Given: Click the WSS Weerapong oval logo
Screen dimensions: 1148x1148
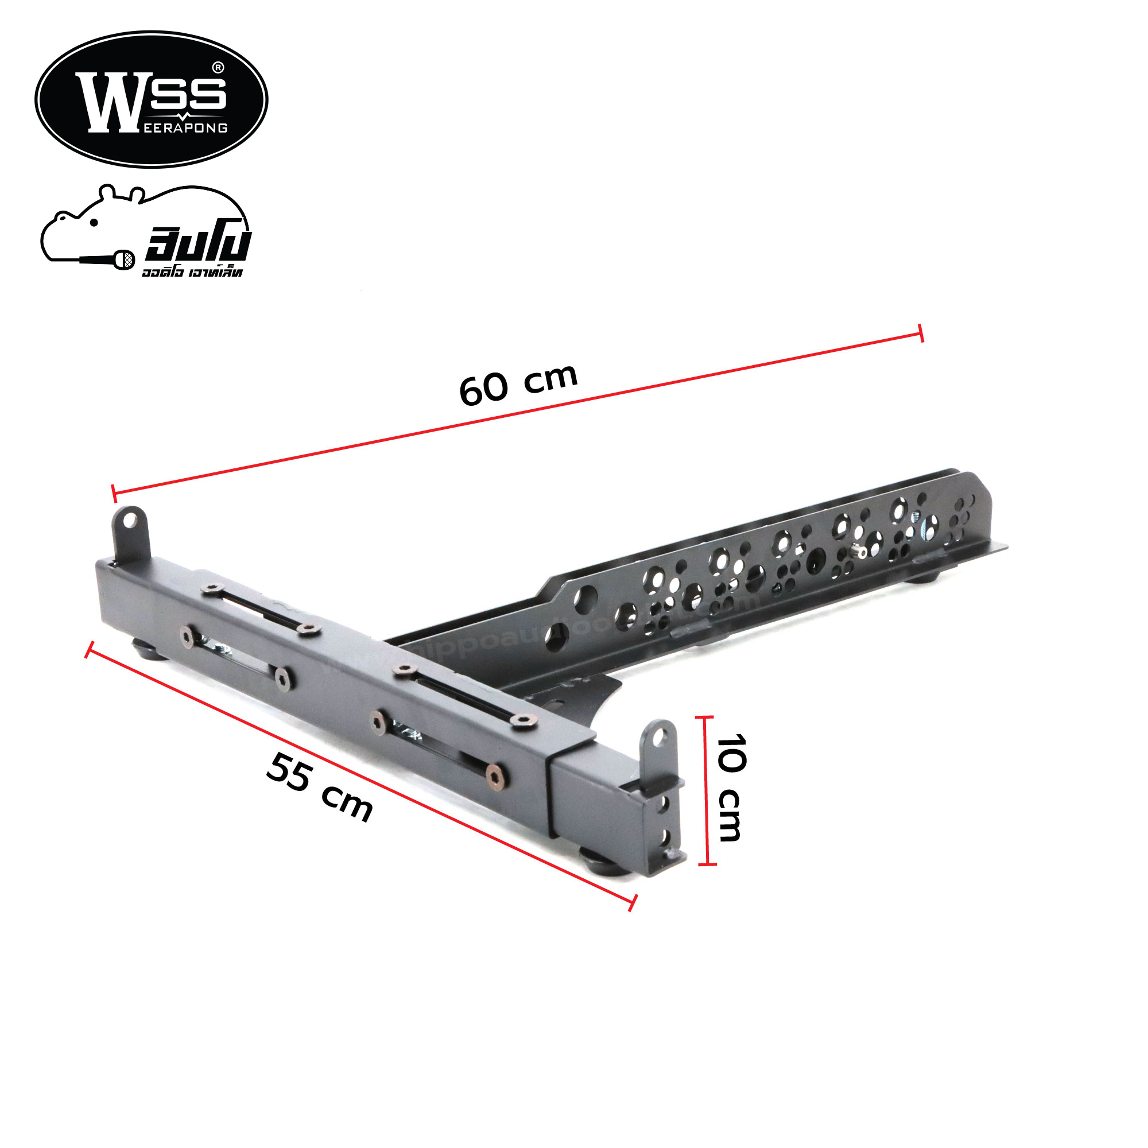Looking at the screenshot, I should [151, 99].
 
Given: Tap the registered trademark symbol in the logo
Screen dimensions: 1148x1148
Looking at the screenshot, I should [218, 68].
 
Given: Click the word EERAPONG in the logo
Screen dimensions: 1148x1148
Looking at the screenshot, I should [185, 129].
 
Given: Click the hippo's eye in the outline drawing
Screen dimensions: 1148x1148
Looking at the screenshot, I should [94, 223].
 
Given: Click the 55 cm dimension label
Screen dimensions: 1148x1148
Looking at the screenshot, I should [319, 787].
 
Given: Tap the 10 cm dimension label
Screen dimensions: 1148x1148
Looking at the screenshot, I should [730, 788].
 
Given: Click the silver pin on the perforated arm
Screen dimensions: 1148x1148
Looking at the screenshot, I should [858, 552].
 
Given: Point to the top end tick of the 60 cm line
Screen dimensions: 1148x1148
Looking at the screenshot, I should [921, 333].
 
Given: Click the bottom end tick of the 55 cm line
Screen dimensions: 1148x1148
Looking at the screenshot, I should [633, 902].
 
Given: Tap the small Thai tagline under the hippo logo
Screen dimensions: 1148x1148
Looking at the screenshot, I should [192, 273].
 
